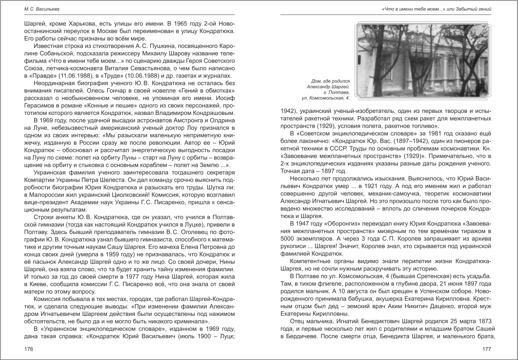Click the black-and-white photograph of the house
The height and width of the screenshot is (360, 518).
[423, 60]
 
